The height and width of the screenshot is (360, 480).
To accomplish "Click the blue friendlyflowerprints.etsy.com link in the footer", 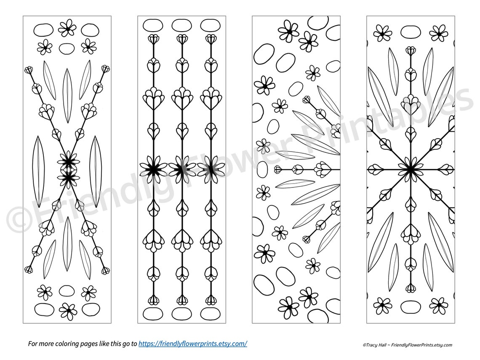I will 193,344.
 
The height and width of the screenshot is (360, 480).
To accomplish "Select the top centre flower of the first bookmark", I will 67,28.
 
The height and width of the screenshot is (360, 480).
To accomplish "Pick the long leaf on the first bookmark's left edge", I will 39,172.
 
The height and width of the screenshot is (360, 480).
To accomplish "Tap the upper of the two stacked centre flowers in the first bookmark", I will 67,160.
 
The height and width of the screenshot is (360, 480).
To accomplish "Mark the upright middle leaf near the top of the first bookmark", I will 67,89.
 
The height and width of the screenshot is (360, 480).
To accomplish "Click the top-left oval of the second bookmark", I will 150,25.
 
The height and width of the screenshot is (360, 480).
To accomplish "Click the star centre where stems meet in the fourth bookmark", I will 410,170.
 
